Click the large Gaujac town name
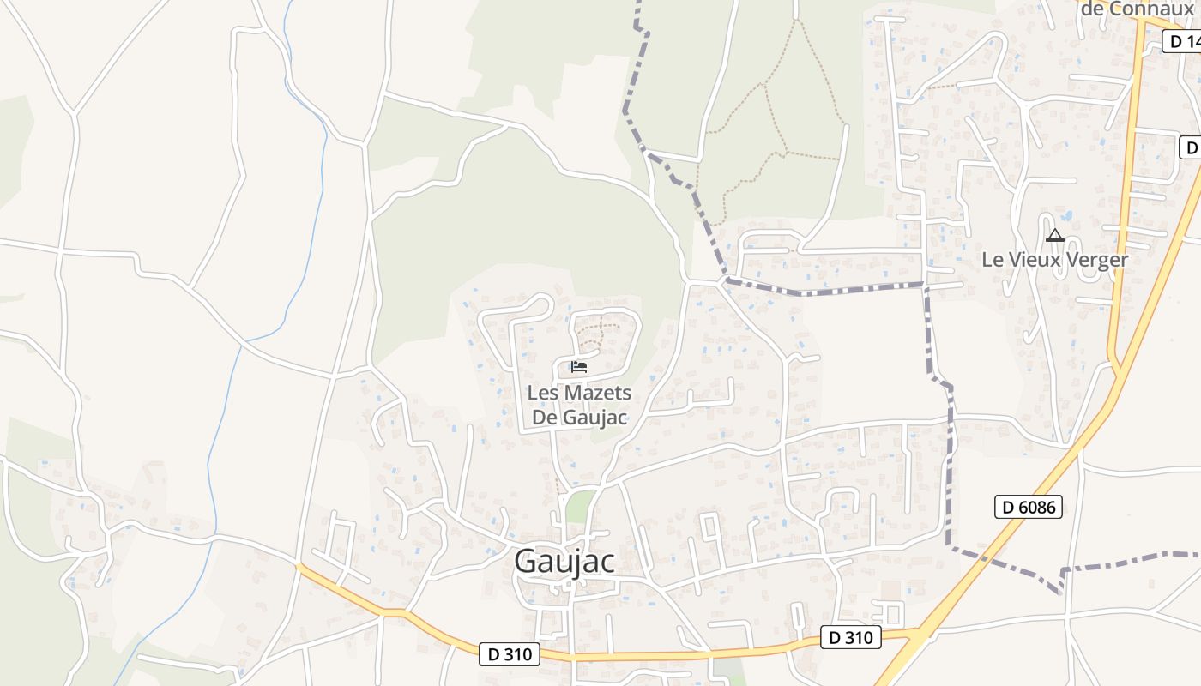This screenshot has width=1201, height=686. (x=564, y=561)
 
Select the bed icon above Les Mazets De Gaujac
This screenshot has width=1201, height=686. (x=579, y=368)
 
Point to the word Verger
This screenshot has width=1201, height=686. (x=1092, y=259)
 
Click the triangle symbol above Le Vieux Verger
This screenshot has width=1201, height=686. (x=1054, y=235)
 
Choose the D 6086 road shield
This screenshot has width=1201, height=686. (x=1029, y=507)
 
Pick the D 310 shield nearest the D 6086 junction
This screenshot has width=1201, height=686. (x=851, y=637)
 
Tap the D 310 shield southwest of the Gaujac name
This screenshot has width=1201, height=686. (x=510, y=654)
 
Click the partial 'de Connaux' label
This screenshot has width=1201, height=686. (x=1137, y=9)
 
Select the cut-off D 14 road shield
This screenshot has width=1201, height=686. (x=1182, y=40)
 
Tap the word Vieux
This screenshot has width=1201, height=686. (x=1035, y=259)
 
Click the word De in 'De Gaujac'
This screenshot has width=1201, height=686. (x=546, y=418)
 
